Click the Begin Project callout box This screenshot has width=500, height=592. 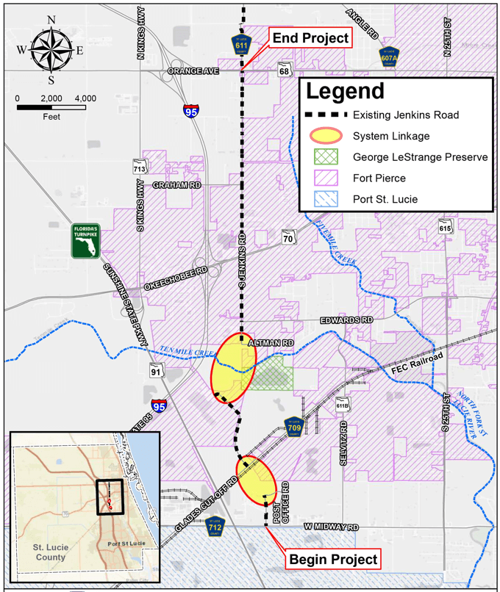333,560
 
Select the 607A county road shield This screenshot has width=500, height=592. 389,56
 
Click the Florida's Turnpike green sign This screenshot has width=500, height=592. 85,241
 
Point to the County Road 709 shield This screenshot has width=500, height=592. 294,427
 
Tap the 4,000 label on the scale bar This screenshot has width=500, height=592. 85,98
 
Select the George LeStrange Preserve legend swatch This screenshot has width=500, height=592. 326,157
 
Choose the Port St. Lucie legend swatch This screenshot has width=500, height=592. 326,198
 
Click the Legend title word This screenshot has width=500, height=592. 345,92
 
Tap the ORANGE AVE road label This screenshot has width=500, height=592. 193,71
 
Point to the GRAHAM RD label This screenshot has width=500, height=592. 176,186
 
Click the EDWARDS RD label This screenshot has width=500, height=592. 346,320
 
